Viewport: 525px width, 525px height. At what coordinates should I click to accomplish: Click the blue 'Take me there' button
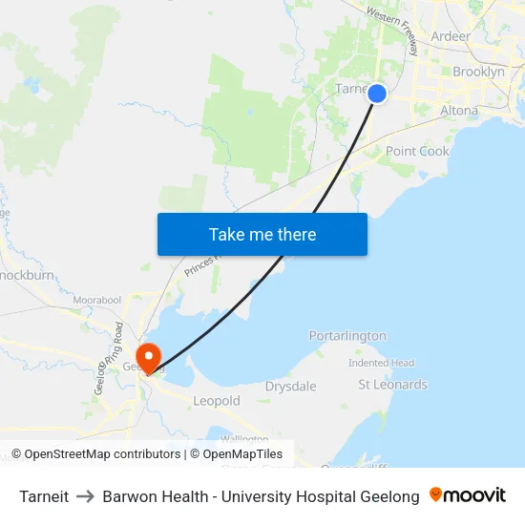pos(262,234)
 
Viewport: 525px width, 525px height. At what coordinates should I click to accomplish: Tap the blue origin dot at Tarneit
pos(377,94)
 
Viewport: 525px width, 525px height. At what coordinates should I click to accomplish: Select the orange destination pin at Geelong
pos(149,356)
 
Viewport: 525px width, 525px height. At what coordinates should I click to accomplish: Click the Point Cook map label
pos(417,151)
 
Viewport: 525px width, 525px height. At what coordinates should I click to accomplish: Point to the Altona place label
pos(459,111)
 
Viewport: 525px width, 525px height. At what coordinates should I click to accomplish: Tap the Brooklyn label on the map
pos(478,72)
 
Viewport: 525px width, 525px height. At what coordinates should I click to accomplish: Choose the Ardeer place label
pos(451,36)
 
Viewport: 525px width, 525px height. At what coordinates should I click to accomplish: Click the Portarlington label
pos(347,336)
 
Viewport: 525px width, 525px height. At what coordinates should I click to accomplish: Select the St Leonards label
pos(392,385)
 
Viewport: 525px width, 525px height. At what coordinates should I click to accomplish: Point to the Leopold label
pos(217,402)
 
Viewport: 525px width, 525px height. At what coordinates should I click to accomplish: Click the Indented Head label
pos(381,363)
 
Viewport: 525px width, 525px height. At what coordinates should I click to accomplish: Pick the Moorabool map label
pos(96,300)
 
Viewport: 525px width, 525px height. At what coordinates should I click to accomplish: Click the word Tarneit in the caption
pos(44,496)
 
